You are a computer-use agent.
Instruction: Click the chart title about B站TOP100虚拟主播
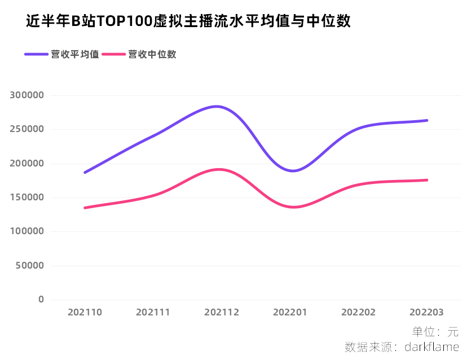click(188, 21)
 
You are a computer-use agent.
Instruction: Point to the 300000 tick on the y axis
click(27, 95)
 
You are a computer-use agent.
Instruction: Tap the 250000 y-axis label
click(27, 129)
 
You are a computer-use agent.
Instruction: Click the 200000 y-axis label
click(27, 164)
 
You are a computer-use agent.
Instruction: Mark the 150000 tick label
click(27, 197)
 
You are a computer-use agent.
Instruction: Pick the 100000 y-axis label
click(27, 231)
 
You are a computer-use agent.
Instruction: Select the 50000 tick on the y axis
click(29, 265)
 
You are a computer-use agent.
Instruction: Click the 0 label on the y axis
click(41, 300)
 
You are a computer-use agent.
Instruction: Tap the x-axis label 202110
click(85, 312)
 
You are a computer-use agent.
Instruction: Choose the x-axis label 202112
click(222, 312)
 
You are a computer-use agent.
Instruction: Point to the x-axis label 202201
click(290, 312)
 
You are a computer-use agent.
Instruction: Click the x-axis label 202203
click(426, 312)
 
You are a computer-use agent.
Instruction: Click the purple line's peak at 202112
click(217, 106)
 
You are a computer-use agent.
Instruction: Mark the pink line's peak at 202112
click(219, 169)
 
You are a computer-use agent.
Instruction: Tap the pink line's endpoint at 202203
click(427, 180)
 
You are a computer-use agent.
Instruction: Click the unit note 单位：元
click(435, 332)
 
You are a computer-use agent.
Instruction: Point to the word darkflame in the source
click(431, 346)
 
